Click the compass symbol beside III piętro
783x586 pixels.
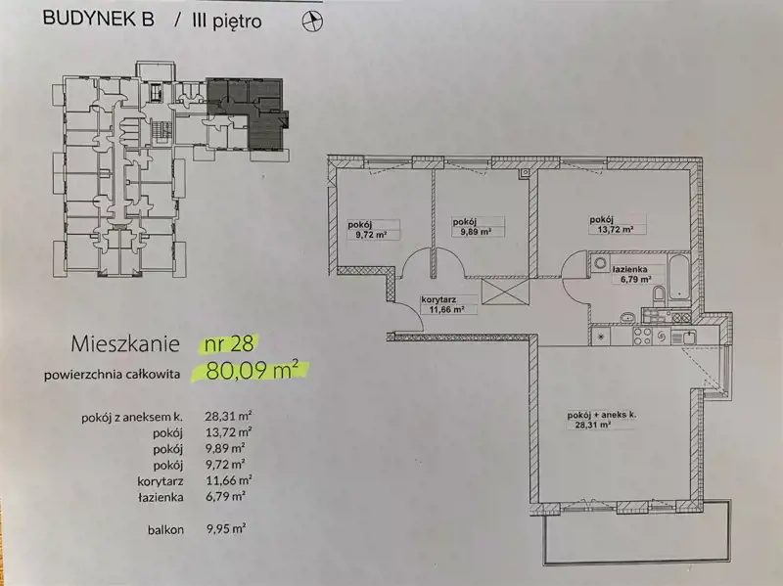click(x=313, y=22)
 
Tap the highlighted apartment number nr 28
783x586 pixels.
click(x=228, y=343)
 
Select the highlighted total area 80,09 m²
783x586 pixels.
click(x=252, y=371)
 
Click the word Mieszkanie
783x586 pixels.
click(x=125, y=344)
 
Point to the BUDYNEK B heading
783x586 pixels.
click(x=99, y=19)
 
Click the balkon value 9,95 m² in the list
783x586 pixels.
click(x=225, y=528)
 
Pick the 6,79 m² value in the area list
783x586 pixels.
click(x=225, y=496)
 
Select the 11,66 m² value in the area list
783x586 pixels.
click(x=228, y=480)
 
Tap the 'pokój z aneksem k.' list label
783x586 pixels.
click(x=133, y=418)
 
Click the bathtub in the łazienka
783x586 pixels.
click(x=678, y=277)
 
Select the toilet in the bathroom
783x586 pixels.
click(x=659, y=295)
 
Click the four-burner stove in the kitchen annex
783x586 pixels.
click(x=643, y=336)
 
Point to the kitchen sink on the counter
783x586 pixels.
click(x=683, y=337)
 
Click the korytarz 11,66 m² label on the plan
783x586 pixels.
click(x=443, y=304)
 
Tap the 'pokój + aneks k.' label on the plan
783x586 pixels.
click(x=601, y=420)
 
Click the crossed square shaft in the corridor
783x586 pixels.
click(x=505, y=291)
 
